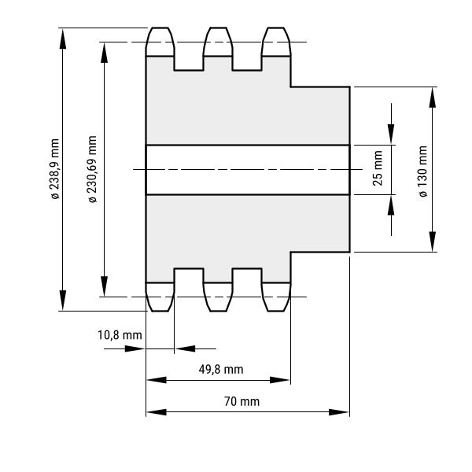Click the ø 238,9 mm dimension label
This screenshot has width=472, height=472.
coord(55,169)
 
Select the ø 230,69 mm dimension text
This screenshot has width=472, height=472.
coord(92,169)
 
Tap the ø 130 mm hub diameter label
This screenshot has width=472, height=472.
coord(422,171)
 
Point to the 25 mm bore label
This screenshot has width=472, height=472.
coord(378,168)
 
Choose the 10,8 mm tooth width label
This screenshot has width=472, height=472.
coord(120,335)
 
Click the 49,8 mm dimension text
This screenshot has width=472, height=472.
coord(221,370)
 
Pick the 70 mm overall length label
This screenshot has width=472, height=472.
coord(242,401)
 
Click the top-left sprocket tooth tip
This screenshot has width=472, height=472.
coord(160,28)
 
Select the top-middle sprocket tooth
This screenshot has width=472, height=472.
coord(218,42)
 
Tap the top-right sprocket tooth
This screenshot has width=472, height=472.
coord(276,42)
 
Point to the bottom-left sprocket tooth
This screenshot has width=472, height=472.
coord(160,297)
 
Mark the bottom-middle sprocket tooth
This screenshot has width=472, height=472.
coord(218,297)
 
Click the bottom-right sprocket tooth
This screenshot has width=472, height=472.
coord(276,297)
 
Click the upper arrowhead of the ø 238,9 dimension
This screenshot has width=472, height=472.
coord(63,39)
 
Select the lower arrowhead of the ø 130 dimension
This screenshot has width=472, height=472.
coord(433,242)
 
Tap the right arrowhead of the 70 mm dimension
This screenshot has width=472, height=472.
coord(338,412)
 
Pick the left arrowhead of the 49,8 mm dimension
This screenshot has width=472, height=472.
coord(157,380)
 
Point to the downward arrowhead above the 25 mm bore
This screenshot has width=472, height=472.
coord(391,134)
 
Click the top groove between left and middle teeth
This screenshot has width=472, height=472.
coord(189,63)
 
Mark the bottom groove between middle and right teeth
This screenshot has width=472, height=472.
coord(247,275)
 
